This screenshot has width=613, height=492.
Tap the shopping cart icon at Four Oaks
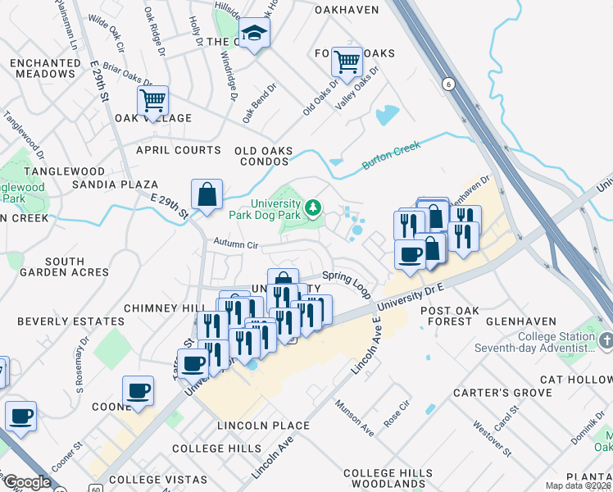(347, 61)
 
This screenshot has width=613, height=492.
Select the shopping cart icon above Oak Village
(152, 100)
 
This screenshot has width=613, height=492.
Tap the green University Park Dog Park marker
(312, 209)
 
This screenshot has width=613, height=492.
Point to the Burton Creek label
(391, 156)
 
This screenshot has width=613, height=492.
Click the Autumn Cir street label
(236, 244)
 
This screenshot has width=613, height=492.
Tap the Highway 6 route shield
(447, 84)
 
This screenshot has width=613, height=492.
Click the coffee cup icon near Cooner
(138, 391)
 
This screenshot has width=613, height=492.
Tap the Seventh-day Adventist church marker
(605, 339)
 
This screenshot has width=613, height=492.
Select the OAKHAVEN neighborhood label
(348, 10)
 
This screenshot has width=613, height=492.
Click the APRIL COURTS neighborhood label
(179, 150)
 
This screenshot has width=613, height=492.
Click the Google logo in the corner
(28, 483)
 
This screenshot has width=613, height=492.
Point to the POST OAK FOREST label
(446, 317)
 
